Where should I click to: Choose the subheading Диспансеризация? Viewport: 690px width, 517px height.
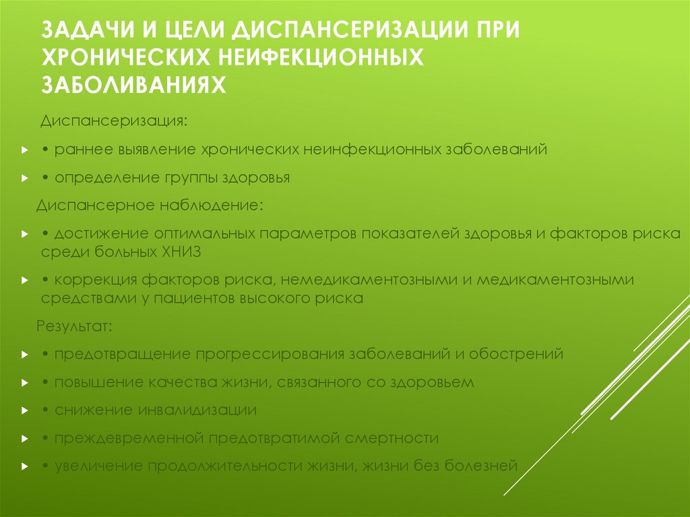click(113, 121)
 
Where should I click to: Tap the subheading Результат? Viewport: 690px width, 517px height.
click(74, 326)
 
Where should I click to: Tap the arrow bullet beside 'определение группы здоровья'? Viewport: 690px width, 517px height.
click(24, 179)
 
